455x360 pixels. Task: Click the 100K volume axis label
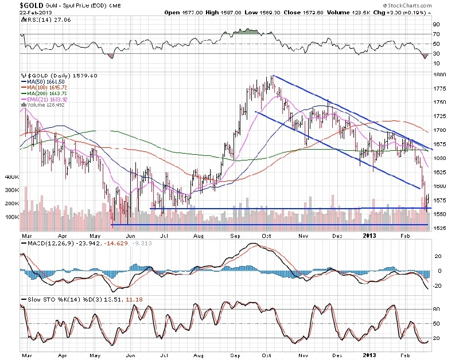tap(13, 217)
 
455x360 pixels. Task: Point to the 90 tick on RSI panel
tap(435, 25)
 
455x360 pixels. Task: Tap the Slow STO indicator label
tap(39, 300)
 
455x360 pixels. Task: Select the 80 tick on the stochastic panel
tap(435, 310)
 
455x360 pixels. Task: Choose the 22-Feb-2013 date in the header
tap(18, 11)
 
